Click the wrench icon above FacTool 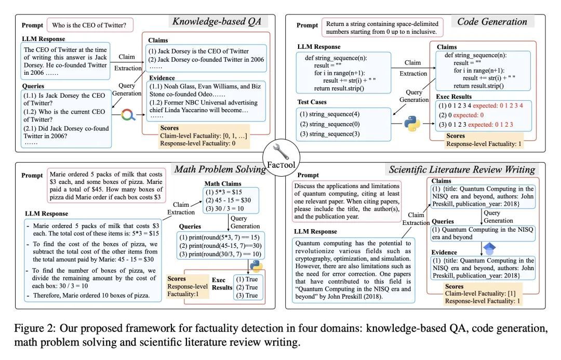pyautogui.click(x=281, y=151)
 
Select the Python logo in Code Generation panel pyautogui.click(x=412, y=124)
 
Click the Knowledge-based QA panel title pyautogui.click(x=217, y=21)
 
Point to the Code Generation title pyautogui.click(x=492, y=22)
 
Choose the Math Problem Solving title pyautogui.click(x=220, y=169)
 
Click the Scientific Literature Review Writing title pyautogui.click(x=462, y=169)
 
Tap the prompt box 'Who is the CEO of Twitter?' pyautogui.click(x=90, y=25)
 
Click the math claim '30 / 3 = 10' pyautogui.click(x=225, y=208)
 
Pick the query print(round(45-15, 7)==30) pyautogui.click(x=220, y=246)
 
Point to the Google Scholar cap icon pyautogui.click(x=489, y=247)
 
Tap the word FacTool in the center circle pyautogui.click(x=281, y=165)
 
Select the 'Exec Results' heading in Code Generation pyautogui.click(x=453, y=97)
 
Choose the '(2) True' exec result pyautogui.click(x=247, y=287)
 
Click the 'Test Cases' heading pyautogui.click(x=312, y=102)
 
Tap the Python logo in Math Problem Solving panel pyautogui.click(x=256, y=266)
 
